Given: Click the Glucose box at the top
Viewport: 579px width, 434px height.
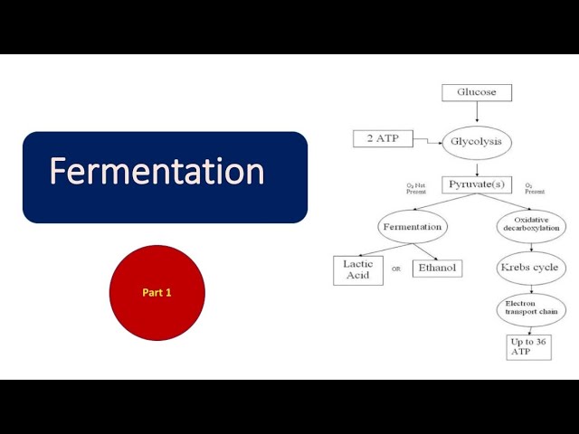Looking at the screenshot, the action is pos(476,92).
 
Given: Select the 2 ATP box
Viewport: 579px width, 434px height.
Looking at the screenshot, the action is pos(382,138).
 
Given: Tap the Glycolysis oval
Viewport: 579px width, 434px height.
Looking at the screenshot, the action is pos(477,142).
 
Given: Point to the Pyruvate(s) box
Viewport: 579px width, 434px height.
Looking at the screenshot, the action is pos(477,185).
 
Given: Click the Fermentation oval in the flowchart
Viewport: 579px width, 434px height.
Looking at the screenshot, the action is pos(412,226).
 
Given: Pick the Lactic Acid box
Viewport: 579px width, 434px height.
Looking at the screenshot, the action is pos(357,270).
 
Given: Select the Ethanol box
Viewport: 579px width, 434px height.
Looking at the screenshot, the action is pos(437,269).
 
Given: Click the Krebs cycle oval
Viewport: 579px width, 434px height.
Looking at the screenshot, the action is pos(530,268).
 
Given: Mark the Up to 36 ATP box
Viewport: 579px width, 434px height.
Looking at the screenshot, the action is pos(529,347).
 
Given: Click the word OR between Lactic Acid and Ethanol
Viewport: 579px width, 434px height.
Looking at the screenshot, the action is pos(396,269).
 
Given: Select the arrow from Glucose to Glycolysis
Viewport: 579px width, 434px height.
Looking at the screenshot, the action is pos(477,112).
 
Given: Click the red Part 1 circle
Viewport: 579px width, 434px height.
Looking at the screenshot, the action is pos(157,293).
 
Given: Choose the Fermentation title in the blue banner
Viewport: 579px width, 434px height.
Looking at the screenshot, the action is pos(157,172).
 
